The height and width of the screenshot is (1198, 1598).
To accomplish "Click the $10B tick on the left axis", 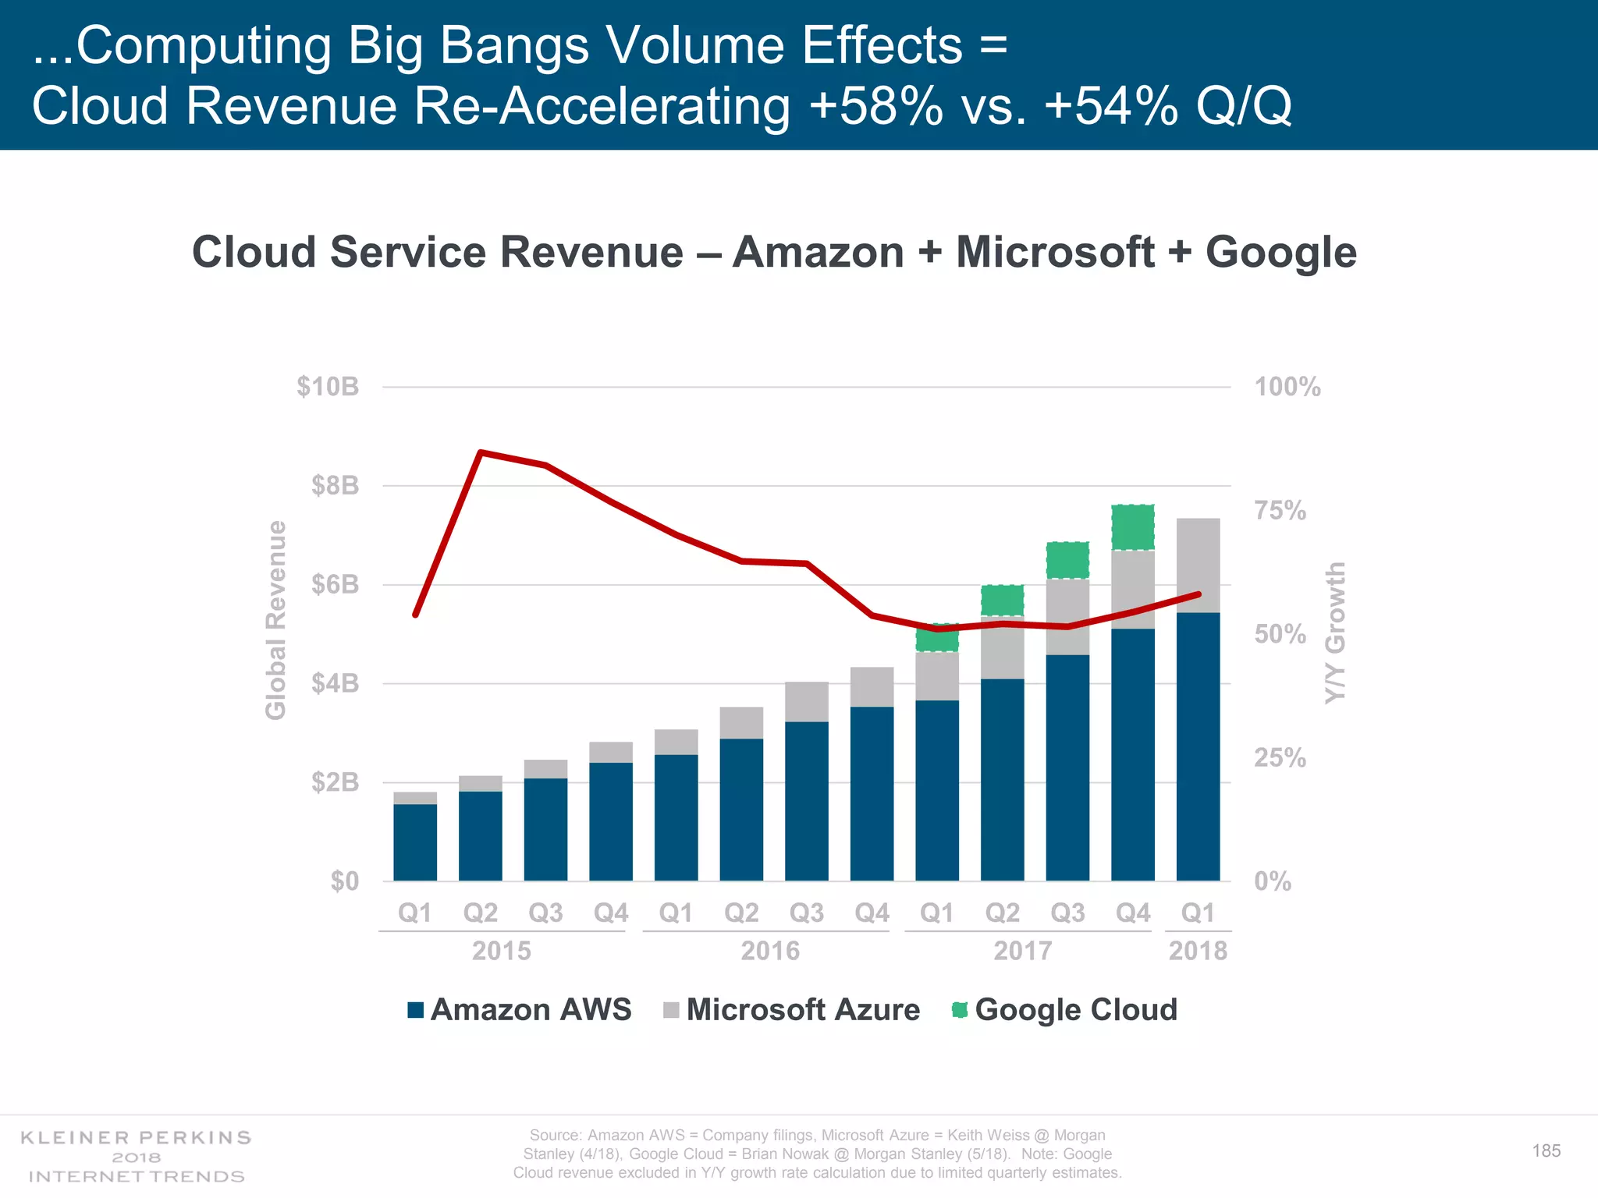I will [328, 386].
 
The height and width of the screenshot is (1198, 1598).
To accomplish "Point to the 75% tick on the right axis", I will [1280, 510].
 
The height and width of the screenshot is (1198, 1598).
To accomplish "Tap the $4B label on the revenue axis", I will [335, 683].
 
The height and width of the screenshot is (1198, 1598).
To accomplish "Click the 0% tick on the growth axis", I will [1273, 881].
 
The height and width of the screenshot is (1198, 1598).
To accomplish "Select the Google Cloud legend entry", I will [1065, 1010].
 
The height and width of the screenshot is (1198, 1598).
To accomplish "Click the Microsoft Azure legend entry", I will [792, 1010].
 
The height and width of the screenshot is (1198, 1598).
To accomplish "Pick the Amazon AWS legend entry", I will [520, 1010].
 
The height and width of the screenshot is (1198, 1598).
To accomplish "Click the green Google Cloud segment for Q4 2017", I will [1133, 528].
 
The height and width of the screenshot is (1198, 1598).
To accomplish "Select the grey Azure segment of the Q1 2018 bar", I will [1198, 565].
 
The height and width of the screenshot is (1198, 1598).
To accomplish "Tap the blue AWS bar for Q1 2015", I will [415, 842].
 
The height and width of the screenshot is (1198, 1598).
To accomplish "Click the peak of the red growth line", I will [481, 452].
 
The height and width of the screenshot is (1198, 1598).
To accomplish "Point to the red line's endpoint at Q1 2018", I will [1198, 594].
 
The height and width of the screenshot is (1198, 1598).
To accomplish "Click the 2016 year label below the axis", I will [770, 951].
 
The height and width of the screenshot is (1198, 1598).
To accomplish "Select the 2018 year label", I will [1198, 951].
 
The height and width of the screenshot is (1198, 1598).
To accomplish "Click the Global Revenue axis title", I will [275, 620].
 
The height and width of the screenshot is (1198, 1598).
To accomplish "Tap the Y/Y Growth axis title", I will [1335, 632].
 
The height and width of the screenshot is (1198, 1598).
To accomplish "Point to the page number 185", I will [1546, 1151].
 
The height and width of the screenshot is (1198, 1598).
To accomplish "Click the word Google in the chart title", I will [1280, 252].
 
